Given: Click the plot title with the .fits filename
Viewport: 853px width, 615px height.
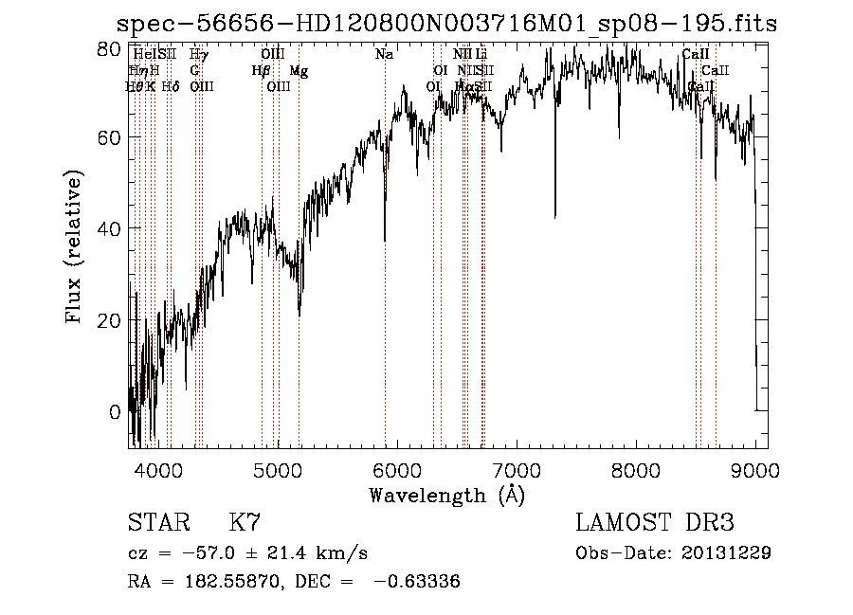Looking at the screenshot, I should (445, 24).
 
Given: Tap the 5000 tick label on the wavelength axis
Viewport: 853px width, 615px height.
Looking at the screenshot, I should (277, 469).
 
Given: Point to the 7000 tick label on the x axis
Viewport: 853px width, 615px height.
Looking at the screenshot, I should (517, 469).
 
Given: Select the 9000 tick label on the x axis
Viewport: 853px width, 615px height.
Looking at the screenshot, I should (755, 469).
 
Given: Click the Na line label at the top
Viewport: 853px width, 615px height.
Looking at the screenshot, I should (384, 55).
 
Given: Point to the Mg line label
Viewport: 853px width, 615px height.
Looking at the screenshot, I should (299, 71).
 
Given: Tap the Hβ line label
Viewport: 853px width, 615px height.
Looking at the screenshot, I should (261, 71).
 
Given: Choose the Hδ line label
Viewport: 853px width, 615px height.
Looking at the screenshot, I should (171, 87).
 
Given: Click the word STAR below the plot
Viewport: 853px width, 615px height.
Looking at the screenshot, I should (156, 523).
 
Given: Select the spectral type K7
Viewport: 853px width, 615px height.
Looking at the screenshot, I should (245, 523).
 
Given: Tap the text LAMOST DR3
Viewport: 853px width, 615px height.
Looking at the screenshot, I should (655, 523).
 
